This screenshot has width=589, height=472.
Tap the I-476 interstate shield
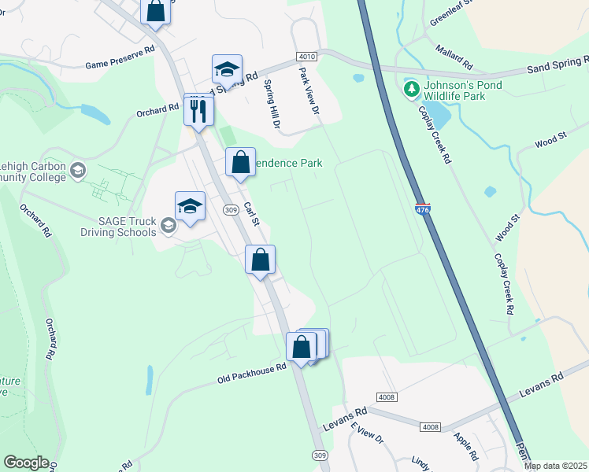point(423,210)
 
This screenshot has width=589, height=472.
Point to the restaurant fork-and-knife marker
point(198,110)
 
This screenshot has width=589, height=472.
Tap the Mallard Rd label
point(453,56)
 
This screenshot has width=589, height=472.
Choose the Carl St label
point(251,215)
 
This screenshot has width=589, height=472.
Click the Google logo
point(26,463)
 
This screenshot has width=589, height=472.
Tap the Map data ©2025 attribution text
point(555,466)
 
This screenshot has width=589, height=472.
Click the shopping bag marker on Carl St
point(241,162)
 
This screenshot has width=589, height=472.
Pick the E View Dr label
point(366,433)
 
